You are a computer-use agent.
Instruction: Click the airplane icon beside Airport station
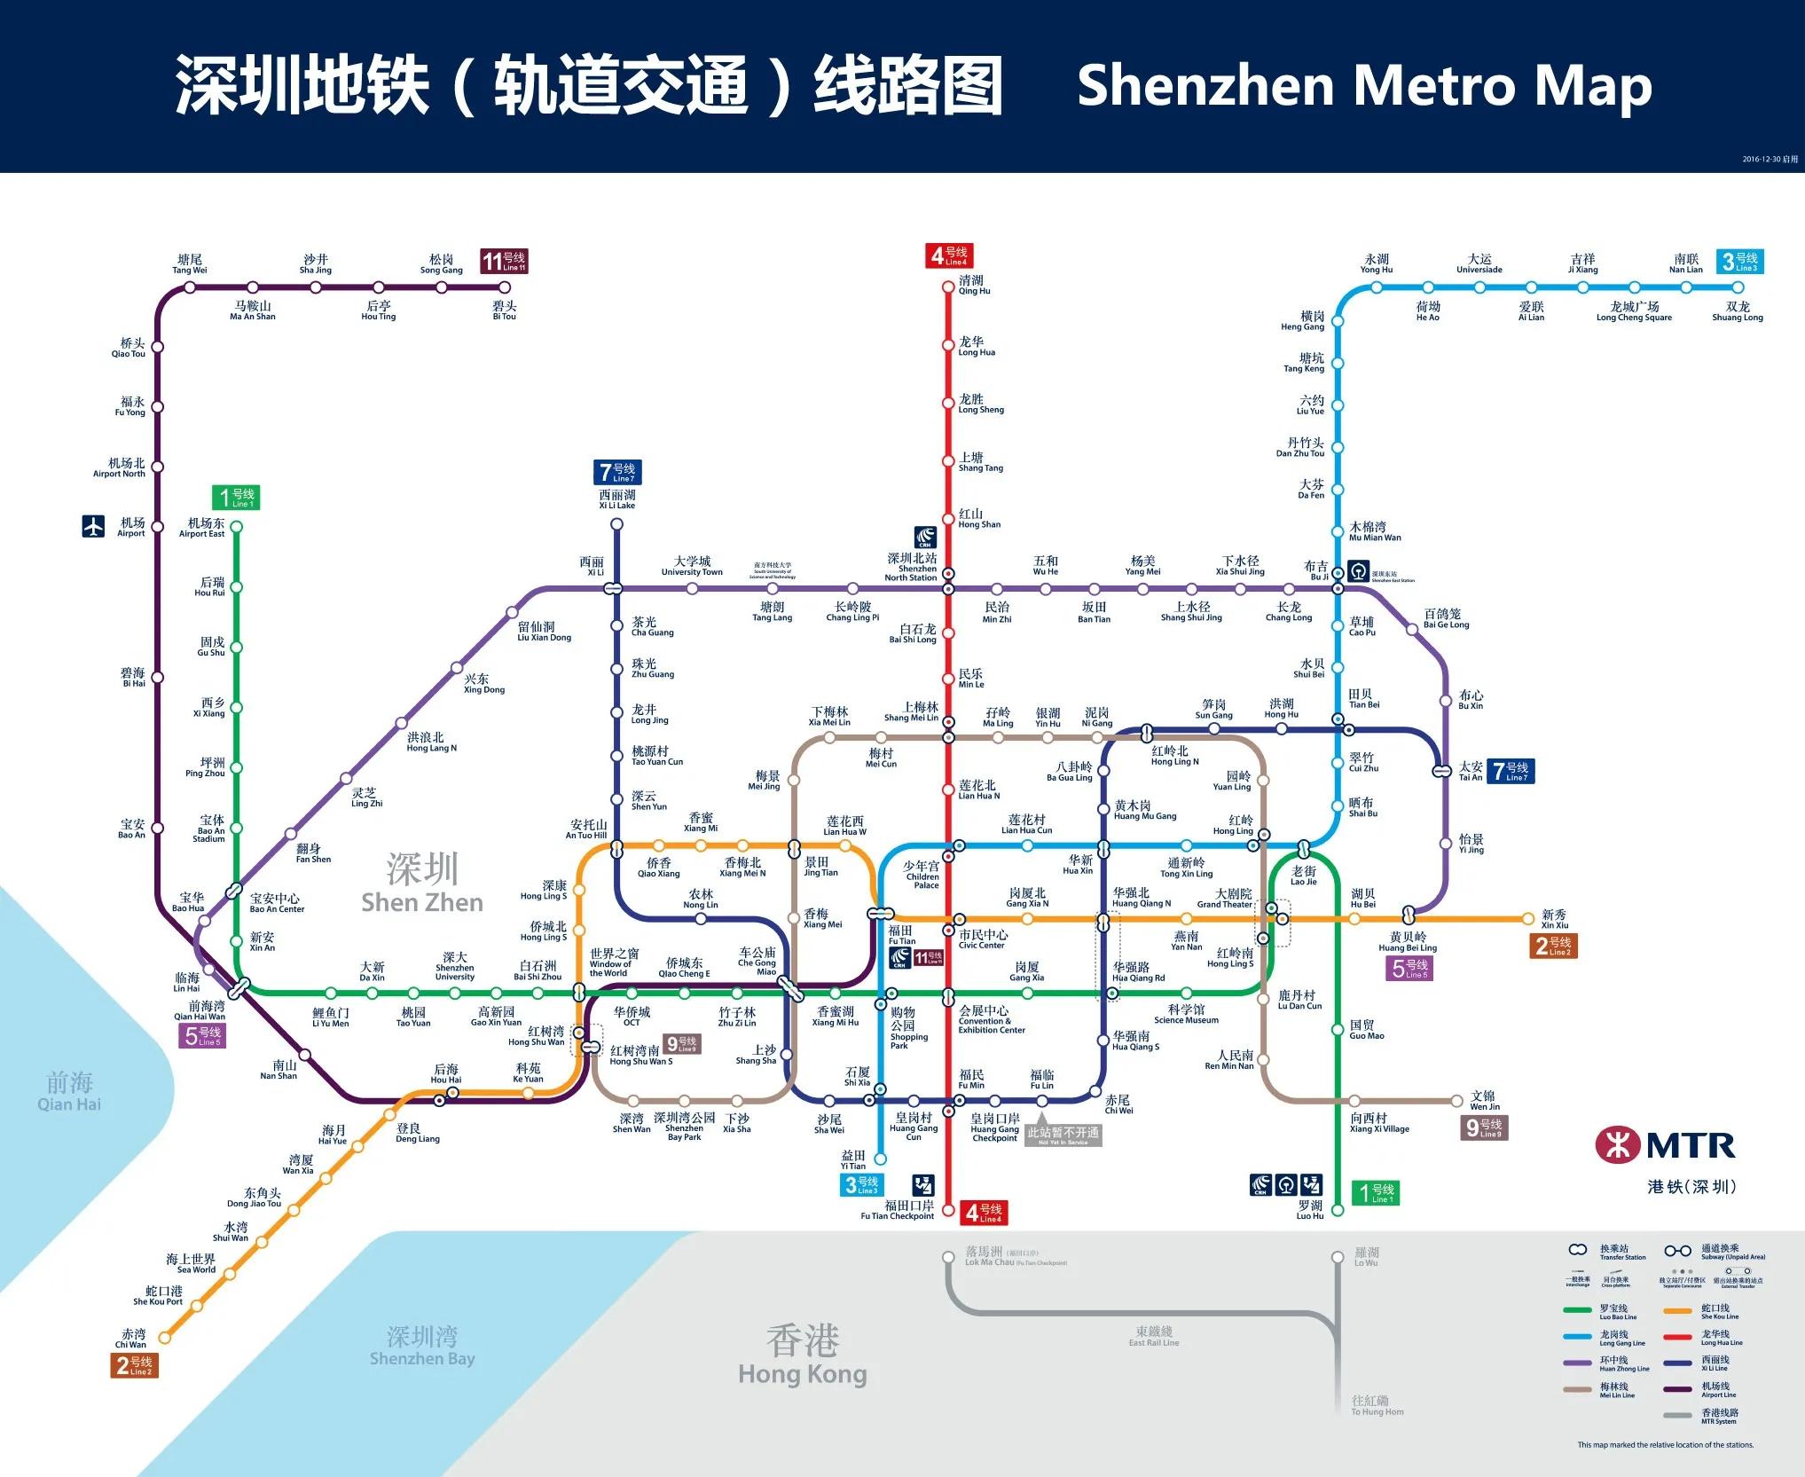(93, 526)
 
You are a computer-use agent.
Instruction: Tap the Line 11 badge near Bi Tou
(504, 261)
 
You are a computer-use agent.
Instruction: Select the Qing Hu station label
(973, 285)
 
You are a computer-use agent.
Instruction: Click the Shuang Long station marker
(1738, 287)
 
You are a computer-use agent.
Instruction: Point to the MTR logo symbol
(1618, 1144)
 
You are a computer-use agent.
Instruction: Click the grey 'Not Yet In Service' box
(1063, 1135)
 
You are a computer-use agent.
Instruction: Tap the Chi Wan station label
(133, 1338)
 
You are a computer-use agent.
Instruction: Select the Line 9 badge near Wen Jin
(1485, 1127)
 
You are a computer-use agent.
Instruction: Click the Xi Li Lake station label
(616, 499)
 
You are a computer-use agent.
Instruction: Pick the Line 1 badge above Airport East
(236, 498)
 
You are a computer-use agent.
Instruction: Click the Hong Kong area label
(802, 1355)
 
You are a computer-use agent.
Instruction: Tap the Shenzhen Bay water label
(422, 1346)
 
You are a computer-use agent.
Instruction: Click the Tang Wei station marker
(190, 287)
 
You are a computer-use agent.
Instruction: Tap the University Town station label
(692, 566)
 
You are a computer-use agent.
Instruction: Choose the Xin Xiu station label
(1554, 918)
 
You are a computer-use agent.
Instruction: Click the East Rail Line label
(1154, 1336)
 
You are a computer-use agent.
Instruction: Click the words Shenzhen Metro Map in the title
(1363, 86)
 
